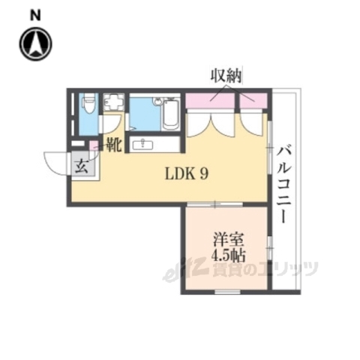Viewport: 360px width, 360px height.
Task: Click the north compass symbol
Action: point(36,45)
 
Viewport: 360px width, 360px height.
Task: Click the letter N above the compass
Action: point(35,14)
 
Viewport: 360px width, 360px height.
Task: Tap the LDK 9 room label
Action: point(187,173)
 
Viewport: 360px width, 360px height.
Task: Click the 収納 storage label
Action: point(226,75)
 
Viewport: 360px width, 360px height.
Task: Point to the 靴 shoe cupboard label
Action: point(113,145)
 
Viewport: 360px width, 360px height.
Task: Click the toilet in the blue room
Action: point(86,103)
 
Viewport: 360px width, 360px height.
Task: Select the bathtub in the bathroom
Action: point(169,115)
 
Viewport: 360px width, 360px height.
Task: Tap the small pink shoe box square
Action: point(94,144)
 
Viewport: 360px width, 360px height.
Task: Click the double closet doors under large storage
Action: point(211,121)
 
